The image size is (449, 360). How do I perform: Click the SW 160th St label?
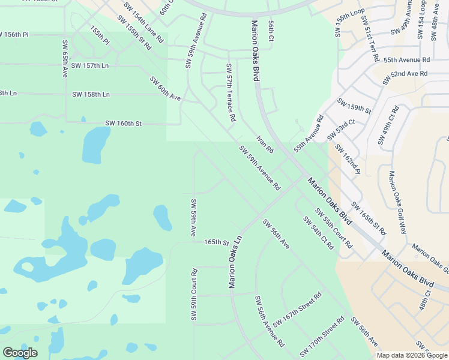pos(123,124)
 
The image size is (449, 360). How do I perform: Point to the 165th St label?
pos(217,243)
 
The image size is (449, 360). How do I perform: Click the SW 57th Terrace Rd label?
pos(230,93)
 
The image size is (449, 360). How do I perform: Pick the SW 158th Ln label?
pos(91,95)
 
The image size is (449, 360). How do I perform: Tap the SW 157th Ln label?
pos(89,65)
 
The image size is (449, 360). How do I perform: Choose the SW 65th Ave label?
pos(65,59)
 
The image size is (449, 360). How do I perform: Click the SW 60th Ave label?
pos(165,88)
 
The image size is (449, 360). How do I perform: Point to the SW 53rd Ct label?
pos(341,130)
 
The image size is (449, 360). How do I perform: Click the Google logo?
pos(20,353)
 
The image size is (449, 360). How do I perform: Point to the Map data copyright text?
pos(412,355)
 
